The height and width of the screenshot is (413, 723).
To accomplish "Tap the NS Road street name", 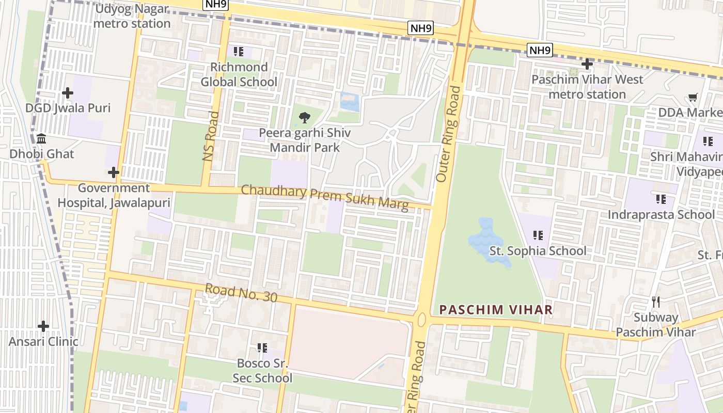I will click(211, 136).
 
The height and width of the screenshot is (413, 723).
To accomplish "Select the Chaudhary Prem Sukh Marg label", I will click(325, 198).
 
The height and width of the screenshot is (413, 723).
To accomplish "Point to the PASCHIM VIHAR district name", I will click(496, 310).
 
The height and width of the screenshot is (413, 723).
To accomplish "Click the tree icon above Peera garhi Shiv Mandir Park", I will click(305, 118).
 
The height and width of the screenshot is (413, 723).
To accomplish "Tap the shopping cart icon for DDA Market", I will click(693, 98).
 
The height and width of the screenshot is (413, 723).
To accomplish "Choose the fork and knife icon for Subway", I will click(656, 301).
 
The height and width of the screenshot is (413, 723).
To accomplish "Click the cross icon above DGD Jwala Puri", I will click(68, 93).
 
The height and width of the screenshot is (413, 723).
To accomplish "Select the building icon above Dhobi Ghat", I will click(41, 138).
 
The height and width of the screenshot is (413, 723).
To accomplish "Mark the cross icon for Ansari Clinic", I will click(43, 326).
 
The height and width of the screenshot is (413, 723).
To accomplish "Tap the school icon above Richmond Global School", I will click(238, 51).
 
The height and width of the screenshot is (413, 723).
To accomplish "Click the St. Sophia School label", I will click(538, 251).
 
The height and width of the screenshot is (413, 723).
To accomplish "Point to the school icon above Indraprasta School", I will click(661, 199).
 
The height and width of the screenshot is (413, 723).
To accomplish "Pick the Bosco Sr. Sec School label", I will click(262, 370).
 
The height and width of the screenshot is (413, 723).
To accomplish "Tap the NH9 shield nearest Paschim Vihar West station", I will click(540, 50).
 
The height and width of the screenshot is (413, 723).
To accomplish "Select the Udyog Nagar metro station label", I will click(132, 16).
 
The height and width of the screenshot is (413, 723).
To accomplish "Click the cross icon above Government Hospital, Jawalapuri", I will click(114, 172).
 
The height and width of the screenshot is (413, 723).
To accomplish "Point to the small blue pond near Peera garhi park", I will click(350, 101).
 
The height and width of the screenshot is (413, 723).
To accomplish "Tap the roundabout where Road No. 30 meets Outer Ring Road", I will click(422, 320).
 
